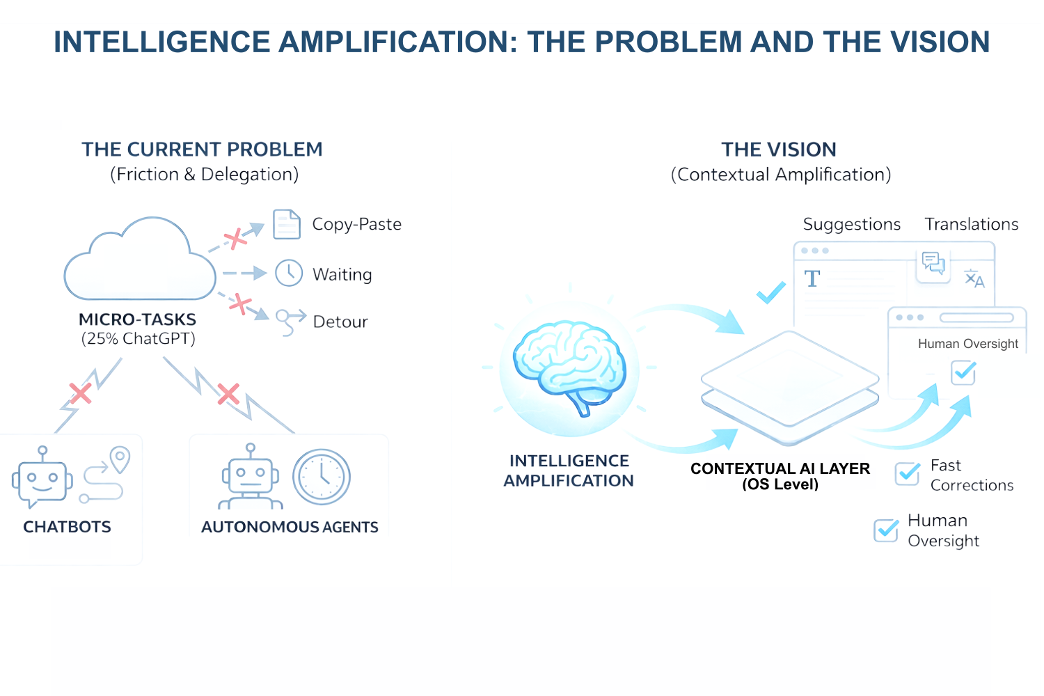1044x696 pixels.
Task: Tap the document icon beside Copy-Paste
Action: pyautogui.click(x=287, y=224)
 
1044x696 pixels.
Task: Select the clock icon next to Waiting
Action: pyautogui.click(x=289, y=274)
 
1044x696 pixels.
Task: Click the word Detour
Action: pyautogui.click(x=340, y=322)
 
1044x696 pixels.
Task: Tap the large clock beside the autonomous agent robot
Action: pyautogui.click(x=321, y=477)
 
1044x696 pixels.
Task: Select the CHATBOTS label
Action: pyautogui.click(x=68, y=527)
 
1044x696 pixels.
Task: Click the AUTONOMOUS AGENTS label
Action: pyautogui.click(x=290, y=527)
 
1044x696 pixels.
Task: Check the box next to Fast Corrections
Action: pyautogui.click(x=908, y=473)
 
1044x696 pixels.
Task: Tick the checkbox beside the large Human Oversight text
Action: pyautogui.click(x=886, y=530)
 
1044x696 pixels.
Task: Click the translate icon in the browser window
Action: pyautogui.click(x=974, y=279)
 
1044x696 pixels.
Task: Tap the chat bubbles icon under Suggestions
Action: pyautogui.click(x=933, y=263)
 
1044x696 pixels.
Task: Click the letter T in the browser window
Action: pyautogui.click(x=812, y=279)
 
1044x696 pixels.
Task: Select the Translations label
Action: pyautogui.click(x=972, y=224)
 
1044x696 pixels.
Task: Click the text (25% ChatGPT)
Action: pyautogui.click(x=139, y=339)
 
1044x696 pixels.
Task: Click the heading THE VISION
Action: pyautogui.click(x=779, y=150)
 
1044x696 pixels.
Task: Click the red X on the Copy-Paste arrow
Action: pyautogui.click(x=235, y=239)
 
